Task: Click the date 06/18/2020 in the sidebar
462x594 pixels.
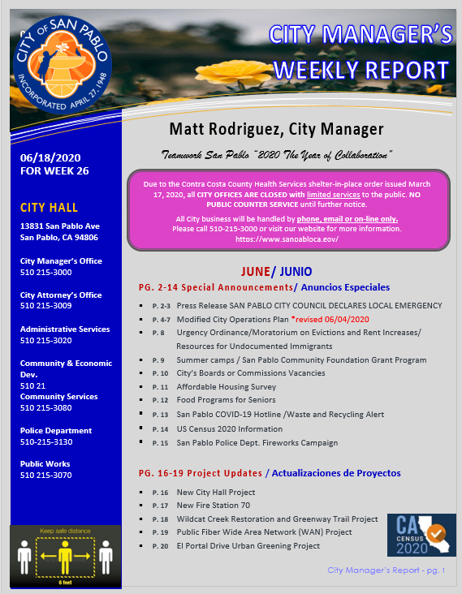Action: point(51,157)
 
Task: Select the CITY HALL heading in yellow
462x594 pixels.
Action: point(50,208)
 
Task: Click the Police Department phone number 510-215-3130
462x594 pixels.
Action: point(46,442)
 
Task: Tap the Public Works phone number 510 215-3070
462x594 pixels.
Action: point(46,476)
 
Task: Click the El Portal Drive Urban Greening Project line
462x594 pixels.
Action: point(248,546)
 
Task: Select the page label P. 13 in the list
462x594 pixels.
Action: point(159,415)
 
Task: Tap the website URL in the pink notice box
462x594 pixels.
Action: point(287,240)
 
